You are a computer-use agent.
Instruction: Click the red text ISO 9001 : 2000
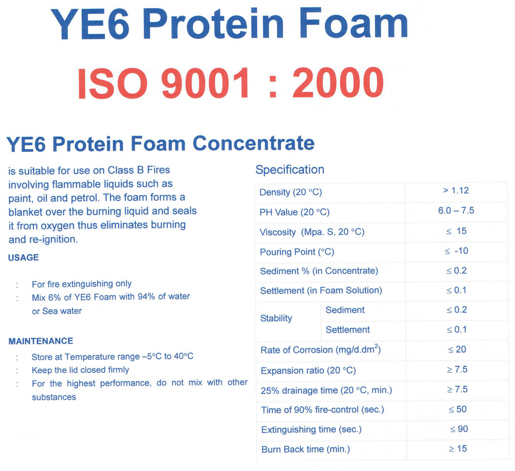tap(231, 83)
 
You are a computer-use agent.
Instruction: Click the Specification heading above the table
tap(289, 170)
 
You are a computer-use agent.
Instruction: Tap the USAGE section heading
tap(23, 257)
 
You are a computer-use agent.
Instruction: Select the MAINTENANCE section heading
tap(41, 341)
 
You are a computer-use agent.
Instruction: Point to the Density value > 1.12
tap(456, 190)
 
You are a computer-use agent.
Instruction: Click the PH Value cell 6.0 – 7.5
tap(456, 211)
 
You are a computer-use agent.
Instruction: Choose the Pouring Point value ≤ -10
tap(456, 251)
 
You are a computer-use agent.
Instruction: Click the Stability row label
tap(276, 319)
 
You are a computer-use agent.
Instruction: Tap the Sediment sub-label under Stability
tap(345, 310)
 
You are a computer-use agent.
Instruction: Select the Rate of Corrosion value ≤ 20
tap(457, 350)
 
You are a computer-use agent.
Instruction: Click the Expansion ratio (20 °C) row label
tap(308, 371)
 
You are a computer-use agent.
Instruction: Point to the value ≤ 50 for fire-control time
tap(457, 409)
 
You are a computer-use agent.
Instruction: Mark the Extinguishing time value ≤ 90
tap(459, 429)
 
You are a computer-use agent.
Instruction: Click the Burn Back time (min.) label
tap(305, 449)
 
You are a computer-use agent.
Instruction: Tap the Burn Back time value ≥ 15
tap(457, 449)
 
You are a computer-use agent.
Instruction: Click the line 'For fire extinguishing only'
tap(81, 284)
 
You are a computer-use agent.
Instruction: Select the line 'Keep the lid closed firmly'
tap(80, 370)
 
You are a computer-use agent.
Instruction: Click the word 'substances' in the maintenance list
tap(54, 397)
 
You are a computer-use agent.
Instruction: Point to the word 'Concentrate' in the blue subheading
tap(253, 143)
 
